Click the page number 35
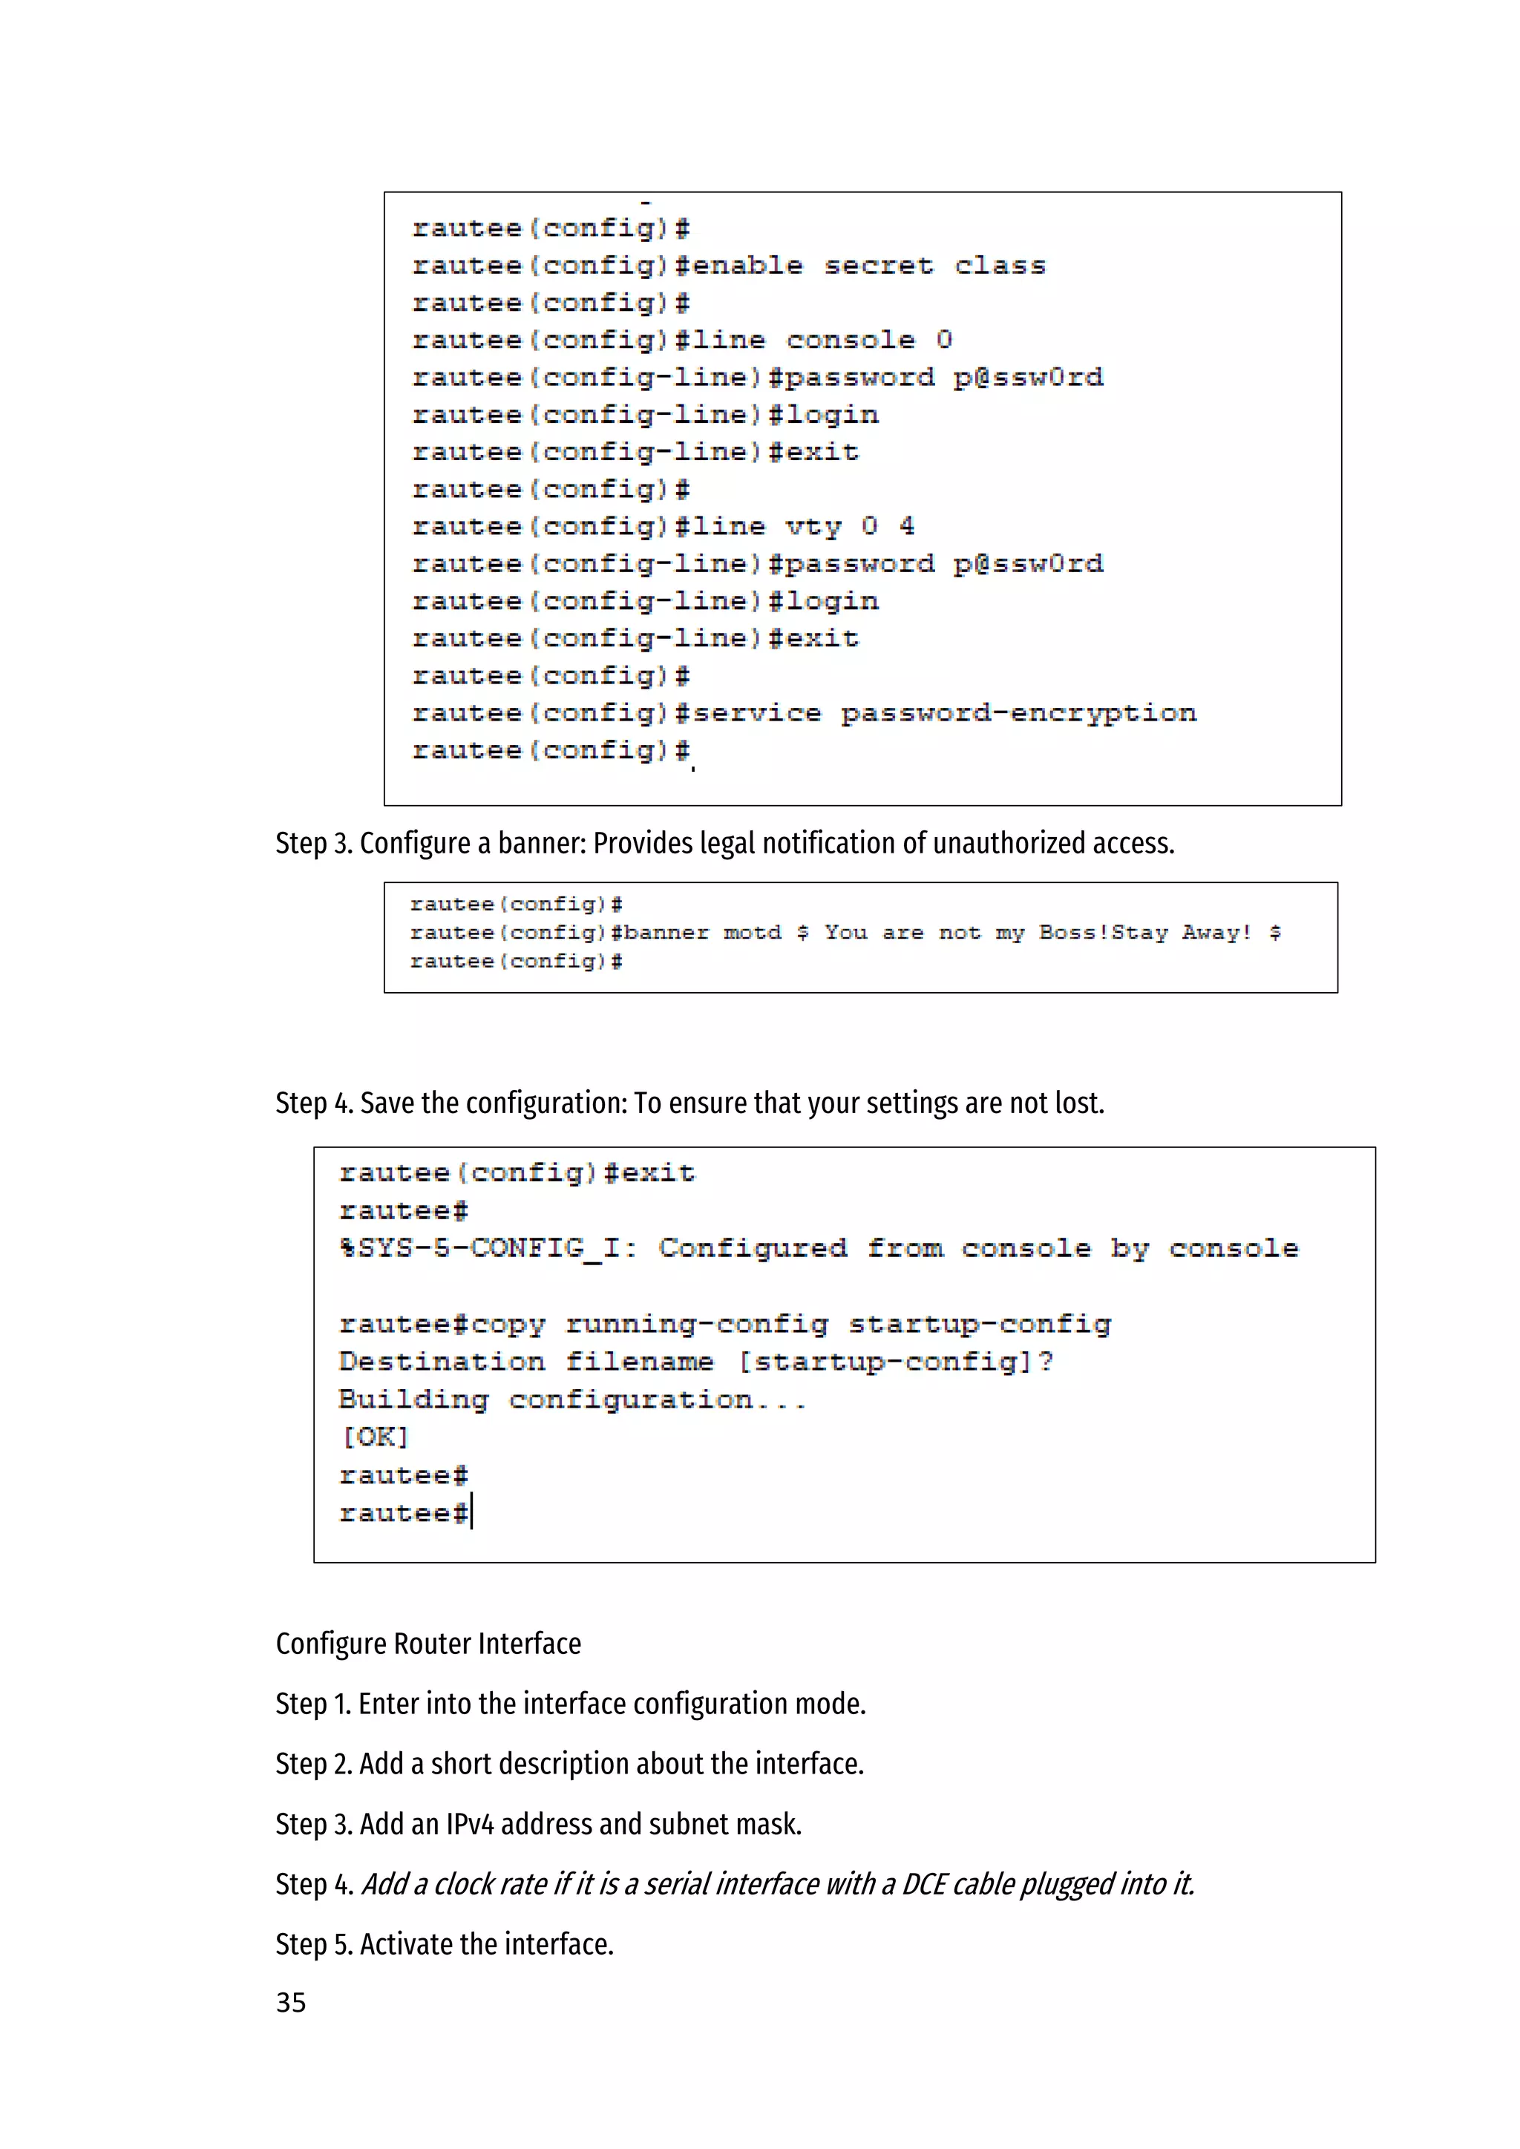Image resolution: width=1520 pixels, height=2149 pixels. point(290,2002)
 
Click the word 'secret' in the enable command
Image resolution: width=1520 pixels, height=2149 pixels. point(878,266)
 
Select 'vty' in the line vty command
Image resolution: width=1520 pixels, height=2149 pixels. point(813,527)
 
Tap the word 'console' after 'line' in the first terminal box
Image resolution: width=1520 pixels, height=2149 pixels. point(850,341)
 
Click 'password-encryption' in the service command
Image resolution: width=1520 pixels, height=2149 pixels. point(1018,714)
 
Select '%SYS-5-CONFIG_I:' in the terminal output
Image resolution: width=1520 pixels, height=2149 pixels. point(488,1249)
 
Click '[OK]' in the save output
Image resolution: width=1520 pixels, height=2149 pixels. point(374,1437)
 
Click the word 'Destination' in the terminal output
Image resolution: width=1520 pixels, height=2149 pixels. point(441,1362)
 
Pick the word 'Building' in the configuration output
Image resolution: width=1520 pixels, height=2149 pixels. point(413,1400)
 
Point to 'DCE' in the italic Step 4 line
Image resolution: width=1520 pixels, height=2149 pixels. point(924,1884)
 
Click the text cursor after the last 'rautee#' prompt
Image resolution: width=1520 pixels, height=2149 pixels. point(473,1512)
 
